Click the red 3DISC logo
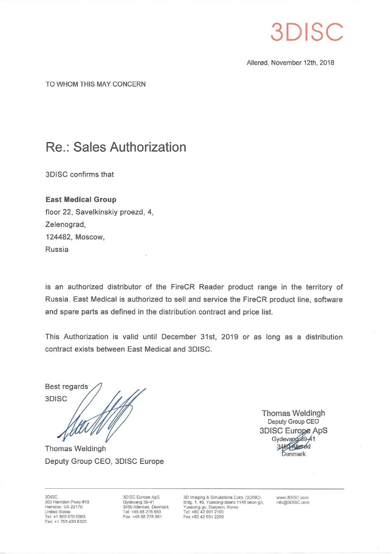click(x=307, y=32)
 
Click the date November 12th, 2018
click(x=302, y=63)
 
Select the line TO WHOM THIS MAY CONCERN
click(x=96, y=84)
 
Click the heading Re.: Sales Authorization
click(x=116, y=147)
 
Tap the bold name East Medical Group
click(x=81, y=200)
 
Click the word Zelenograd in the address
click(x=65, y=224)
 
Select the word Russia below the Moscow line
click(x=57, y=249)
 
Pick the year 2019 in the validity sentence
click(x=230, y=337)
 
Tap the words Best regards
click(x=67, y=387)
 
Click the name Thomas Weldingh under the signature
click(x=75, y=449)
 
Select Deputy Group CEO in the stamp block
click(x=293, y=421)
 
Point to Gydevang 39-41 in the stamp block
click(x=293, y=439)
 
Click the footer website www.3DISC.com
click(x=292, y=497)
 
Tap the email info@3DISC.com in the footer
click(x=293, y=502)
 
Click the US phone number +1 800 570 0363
click(x=69, y=516)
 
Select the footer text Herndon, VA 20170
click(x=63, y=507)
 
